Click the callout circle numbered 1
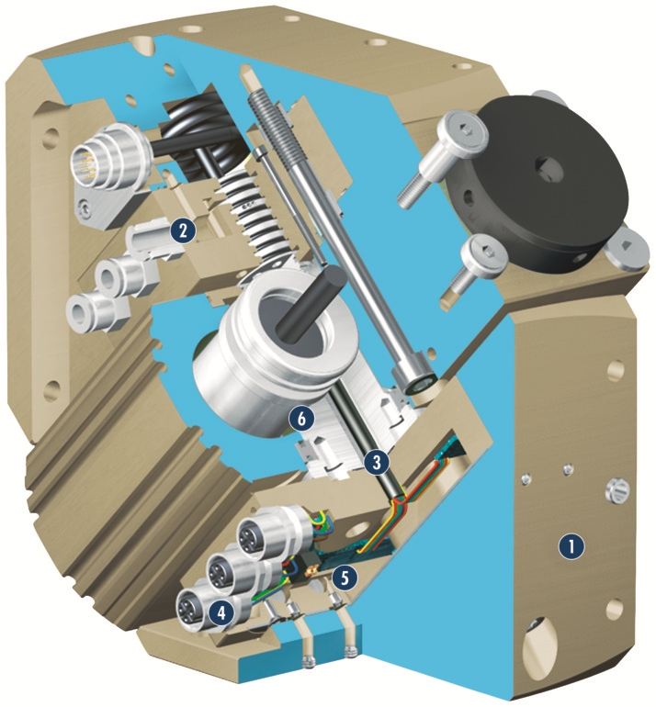[x=571, y=547]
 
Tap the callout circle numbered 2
[x=183, y=231]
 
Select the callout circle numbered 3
[x=377, y=461]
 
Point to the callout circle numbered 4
[x=221, y=612]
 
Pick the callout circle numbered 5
[x=345, y=578]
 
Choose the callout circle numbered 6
[x=302, y=419]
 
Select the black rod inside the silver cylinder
[x=307, y=298]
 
